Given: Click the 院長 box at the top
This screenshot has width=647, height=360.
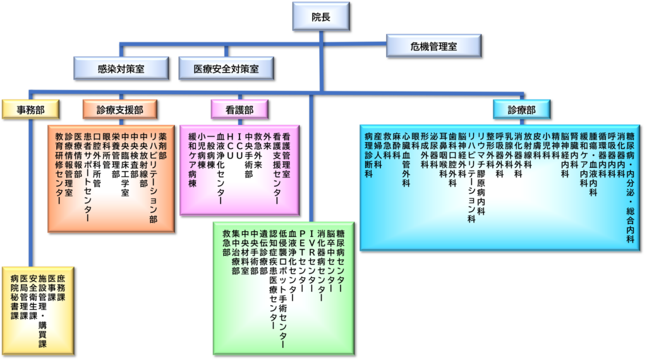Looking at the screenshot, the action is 321,16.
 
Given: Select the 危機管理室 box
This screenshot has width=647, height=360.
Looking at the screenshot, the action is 433,45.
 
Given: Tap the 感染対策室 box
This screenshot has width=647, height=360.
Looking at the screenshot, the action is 121,68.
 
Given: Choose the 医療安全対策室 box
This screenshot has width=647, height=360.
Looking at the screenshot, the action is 226,68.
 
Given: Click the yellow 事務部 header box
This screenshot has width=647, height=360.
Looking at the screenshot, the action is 30,110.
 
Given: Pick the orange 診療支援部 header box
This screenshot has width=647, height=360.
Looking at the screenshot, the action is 120,110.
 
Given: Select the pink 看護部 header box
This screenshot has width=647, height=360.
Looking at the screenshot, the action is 239,110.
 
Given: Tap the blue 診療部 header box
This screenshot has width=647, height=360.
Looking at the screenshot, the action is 521,110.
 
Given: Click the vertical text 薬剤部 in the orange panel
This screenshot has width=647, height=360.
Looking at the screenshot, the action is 162,145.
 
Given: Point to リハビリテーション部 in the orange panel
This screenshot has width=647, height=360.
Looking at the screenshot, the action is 153,177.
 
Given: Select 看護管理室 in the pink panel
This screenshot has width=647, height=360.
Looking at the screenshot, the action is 286,155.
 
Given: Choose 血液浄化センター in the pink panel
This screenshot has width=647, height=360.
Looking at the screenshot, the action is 221,168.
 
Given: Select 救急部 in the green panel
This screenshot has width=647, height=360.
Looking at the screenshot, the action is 226,243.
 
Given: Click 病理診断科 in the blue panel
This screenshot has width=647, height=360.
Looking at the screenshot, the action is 368,155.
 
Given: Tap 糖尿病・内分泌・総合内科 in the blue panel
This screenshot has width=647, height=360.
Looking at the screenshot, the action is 630,187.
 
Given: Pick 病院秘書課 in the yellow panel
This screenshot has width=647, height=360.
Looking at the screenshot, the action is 15,297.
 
